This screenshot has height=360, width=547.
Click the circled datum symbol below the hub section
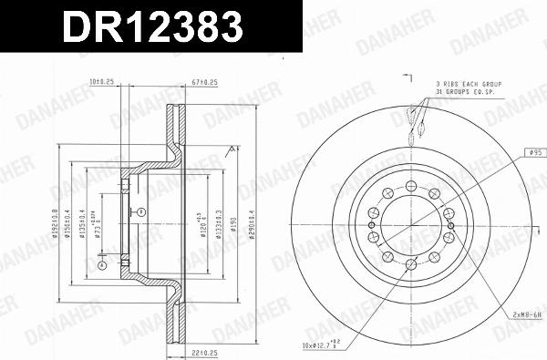[x=102, y=266]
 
